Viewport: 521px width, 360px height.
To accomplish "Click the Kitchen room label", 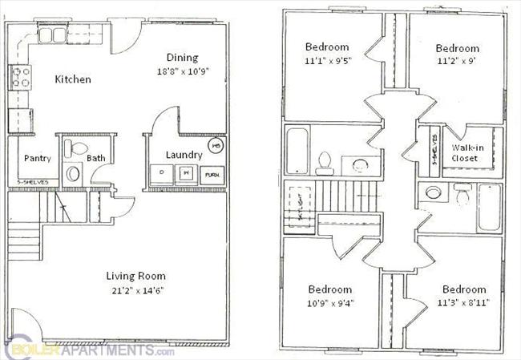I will (72, 79).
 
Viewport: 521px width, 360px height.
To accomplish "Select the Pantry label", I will (37, 158).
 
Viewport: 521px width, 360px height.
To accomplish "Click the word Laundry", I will (183, 155).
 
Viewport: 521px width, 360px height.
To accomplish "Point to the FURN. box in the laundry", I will (212, 174).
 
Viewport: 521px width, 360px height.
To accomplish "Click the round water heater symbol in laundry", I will (216, 146).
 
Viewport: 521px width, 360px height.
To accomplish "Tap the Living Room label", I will (135, 275).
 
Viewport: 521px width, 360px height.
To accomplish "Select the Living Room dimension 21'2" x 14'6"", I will (135, 289).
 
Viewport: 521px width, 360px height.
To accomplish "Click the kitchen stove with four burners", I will (19, 78).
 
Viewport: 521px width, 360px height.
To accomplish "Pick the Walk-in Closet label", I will (465, 153).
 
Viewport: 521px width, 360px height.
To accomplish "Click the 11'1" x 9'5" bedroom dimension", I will (326, 59).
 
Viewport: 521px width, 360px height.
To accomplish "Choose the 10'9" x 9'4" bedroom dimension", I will (329, 302).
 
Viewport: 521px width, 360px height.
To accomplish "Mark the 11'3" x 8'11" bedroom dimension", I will (462, 302).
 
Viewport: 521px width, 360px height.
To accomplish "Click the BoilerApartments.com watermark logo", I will (88, 350).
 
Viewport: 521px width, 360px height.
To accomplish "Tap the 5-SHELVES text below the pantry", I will (33, 182).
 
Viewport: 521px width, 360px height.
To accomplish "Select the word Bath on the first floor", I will (96, 159).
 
